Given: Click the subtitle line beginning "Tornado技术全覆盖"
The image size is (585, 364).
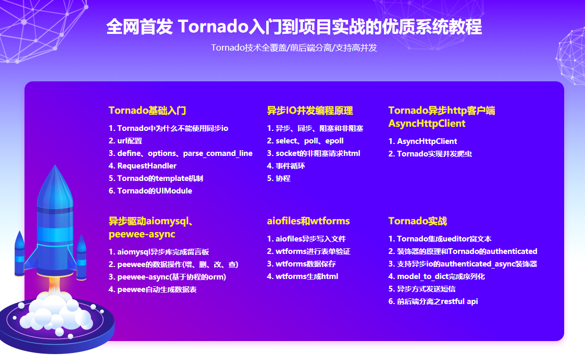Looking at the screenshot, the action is point(294,48).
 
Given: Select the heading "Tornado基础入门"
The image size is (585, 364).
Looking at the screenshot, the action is point(147,111).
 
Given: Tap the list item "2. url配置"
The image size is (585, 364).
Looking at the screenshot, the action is point(126,141).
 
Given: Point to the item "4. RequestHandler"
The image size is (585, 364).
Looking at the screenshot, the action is point(143,166).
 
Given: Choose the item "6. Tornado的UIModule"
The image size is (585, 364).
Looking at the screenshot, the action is point(151,191).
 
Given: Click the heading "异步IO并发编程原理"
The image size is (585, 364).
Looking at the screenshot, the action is point(310,111).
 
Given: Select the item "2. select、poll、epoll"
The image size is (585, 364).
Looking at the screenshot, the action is point(305,141).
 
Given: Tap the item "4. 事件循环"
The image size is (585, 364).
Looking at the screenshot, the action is point(286,166).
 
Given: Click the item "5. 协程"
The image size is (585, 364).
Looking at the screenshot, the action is point(279,178).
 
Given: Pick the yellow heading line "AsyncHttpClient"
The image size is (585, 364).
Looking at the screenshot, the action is point(427,124).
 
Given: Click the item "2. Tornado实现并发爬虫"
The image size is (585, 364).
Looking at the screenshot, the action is point(430,154).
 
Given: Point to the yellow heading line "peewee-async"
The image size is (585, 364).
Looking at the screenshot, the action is point(142,234).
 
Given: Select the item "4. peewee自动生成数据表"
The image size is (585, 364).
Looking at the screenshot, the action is point(153,289).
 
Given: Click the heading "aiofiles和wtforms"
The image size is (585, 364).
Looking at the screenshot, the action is point(308,221).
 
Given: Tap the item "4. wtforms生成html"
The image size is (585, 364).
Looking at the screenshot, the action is point(303,276).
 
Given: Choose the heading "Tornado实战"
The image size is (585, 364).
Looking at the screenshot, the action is point(417,221).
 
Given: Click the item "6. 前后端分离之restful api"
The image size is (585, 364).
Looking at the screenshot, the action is point(433,301).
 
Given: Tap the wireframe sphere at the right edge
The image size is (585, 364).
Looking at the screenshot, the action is point(571,56).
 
